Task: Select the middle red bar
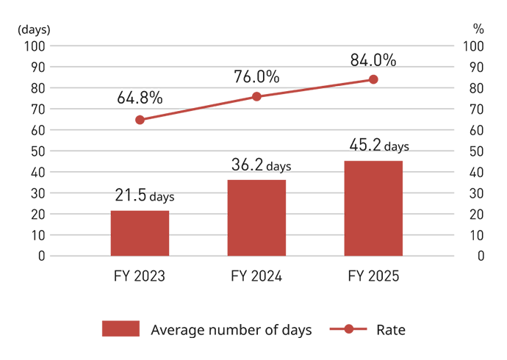point(256,213)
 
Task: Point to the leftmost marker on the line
point(135,120)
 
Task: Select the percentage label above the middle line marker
point(255,75)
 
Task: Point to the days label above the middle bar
point(262,163)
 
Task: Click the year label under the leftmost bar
point(140,273)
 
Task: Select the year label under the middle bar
point(256,273)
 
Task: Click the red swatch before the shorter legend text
point(346,317)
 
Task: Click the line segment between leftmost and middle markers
point(195,110)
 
